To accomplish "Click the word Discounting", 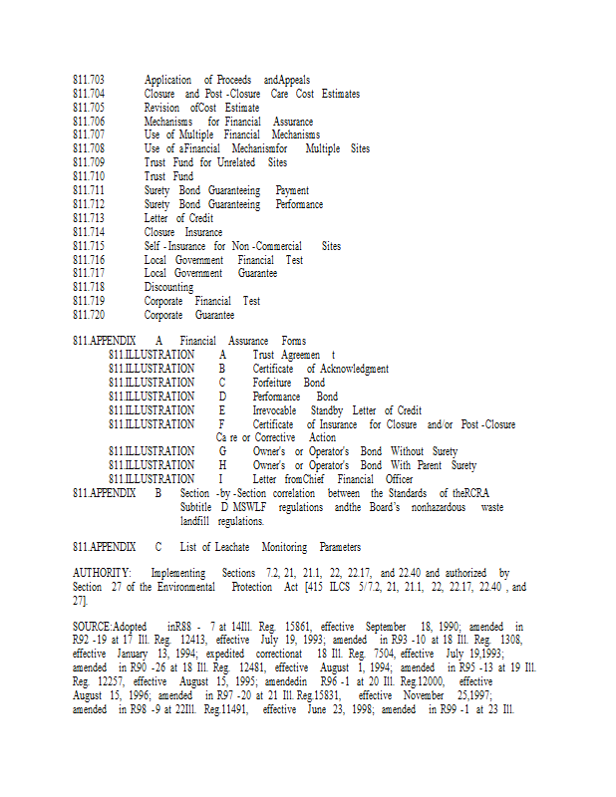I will (x=168, y=287).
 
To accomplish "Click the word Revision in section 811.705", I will (x=162, y=108).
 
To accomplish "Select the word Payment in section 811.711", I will (x=292, y=190).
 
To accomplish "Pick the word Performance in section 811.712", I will (x=299, y=204).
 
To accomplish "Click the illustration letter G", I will (x=223, y=451).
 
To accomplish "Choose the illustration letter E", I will (x=222, y=409).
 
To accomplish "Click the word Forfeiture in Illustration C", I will (x=273, y=383).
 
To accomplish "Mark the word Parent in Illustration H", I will (x=430, y=465).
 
